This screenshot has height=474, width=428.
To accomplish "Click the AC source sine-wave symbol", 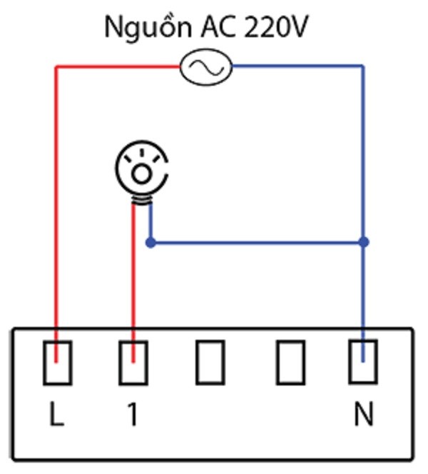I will (205, 68).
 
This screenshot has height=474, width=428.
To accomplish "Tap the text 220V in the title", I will (277, 27).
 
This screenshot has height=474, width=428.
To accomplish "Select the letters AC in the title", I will (218, 27).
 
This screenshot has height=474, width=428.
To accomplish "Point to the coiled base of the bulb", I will (142, 201).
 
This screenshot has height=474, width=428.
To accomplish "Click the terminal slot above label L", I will (57, 363).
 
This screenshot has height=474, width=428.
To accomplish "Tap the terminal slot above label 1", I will (133, 363).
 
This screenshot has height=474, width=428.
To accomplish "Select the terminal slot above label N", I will (363, 363).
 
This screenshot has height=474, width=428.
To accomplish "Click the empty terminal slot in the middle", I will (210, 363).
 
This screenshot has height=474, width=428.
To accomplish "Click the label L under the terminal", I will (57, 415).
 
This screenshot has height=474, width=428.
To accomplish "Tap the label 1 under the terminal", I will (132, 415).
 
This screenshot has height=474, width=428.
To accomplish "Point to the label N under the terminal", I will (363, 415).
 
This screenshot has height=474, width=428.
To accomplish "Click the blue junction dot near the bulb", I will (150, 243).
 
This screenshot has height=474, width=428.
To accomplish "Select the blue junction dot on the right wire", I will (363, 243).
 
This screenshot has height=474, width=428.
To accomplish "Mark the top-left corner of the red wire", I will (57, 68).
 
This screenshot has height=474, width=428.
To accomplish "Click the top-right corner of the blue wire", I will (362, 68).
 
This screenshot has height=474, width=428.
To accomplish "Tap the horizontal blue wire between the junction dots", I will (257, 243).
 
